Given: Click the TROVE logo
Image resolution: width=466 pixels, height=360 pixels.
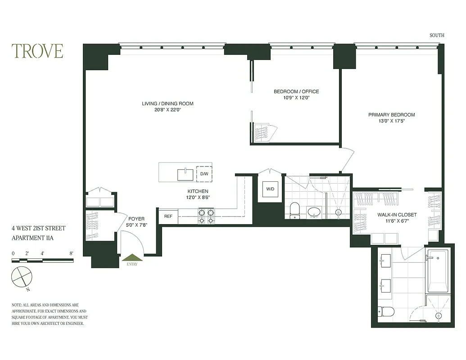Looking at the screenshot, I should [37, 51].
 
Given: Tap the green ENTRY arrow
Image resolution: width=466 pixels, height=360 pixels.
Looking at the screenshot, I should [132, 258].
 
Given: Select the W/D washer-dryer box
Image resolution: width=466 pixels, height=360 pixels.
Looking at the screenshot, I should [270, 189].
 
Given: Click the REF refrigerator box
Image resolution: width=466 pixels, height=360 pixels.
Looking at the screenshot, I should [168, 216].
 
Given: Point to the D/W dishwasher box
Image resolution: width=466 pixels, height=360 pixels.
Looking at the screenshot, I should [204, 174].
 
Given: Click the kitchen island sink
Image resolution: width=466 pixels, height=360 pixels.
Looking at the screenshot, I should [185, 174].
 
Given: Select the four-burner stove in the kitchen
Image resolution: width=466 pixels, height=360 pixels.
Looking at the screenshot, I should [206, 216].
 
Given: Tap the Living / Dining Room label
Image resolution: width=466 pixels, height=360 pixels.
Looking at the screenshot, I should [167, 104].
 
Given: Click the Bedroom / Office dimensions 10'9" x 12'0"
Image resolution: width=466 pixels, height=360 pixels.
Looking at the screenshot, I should [296, 98].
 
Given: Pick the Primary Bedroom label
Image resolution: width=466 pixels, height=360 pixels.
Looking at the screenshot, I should [391, 115].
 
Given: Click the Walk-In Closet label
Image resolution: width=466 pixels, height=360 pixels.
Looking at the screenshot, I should [397, 215].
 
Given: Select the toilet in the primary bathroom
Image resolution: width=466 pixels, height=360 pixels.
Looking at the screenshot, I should [386, 311].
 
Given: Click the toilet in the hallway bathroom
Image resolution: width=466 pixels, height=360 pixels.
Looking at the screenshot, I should [295, 210].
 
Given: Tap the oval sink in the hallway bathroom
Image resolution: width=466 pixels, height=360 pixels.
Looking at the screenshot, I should [314, 211].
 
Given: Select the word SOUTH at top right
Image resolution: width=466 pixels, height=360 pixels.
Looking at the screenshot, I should [437, 36].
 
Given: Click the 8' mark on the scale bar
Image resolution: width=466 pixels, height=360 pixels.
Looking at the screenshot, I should [71, 253].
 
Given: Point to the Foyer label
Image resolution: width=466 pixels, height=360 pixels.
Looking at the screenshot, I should [136, 219].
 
